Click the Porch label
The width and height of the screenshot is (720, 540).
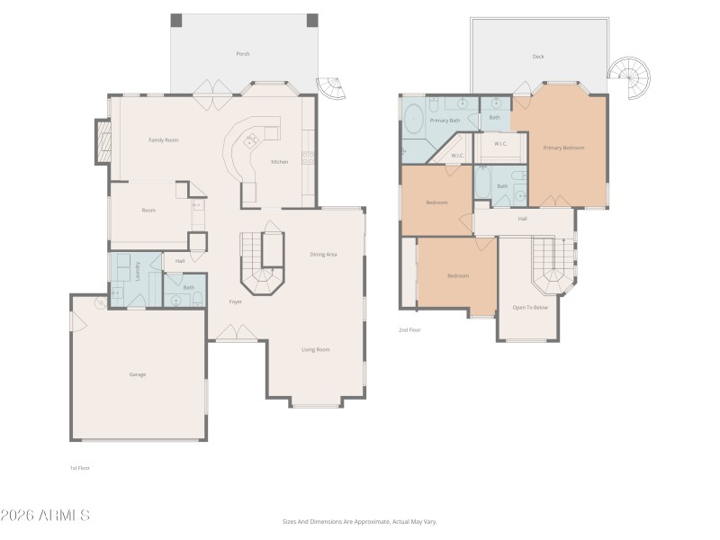[x=243, y=54]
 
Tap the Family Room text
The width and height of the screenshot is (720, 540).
[x=163, y=139]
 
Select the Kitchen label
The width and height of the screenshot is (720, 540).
[x=280, y=162]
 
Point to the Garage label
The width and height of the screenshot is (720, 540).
[x=137, y=374]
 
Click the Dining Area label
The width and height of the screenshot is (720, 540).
[x=323, y=255]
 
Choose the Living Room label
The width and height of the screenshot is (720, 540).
[x=315, y=349]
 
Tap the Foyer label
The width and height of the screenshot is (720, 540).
[x=235, y=301]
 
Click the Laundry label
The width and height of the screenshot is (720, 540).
[x=138, y=271]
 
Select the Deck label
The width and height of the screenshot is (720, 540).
[x=538, y=57]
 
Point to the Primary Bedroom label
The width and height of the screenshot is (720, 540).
[x=563, y=147]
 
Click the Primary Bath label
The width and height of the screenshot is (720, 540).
[x=445, y=120]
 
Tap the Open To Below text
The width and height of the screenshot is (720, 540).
[x=530, y=308]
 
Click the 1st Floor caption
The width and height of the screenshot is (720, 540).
[x=80, y=468]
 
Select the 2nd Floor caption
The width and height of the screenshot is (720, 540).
[x=409, y=330]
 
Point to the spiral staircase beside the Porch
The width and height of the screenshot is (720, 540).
[x=333, y=87]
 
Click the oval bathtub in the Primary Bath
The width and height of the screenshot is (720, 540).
[x=414, y=120]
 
